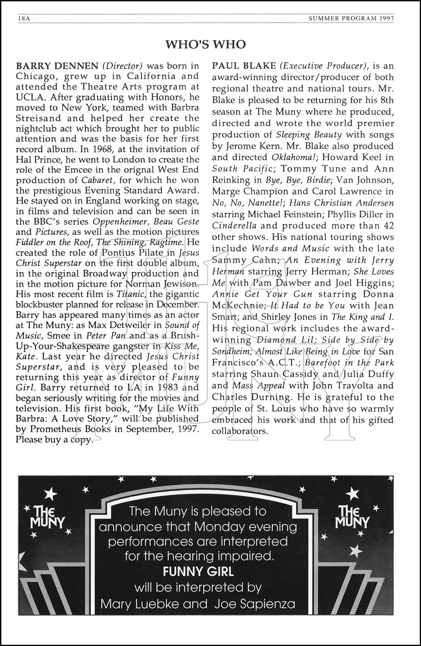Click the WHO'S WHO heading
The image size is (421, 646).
pyautogui.click(x=206, y=44)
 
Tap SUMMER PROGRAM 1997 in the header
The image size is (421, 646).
pyautogui.click(x=351, y=19)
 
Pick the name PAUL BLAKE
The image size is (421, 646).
pyautogui.click(x=244, y=66)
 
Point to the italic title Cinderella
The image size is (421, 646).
pyautogui.click(x=234, y=226)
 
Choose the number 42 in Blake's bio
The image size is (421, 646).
pyautogui.click(x=387, y=226)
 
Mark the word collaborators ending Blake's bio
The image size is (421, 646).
pyautogui.click(x=240, y=431)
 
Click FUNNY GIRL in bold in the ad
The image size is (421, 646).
pyautogui.click(x=198, y=571)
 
